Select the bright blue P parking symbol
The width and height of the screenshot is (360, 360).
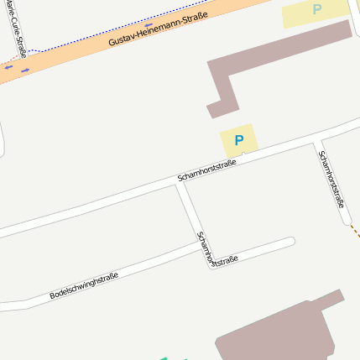tap(239, 141)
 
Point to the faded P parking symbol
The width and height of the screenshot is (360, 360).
tap(316, 10)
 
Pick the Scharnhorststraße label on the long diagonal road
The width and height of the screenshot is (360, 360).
tap(206, 170)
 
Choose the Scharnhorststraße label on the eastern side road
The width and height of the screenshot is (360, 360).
tap(332, 178)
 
